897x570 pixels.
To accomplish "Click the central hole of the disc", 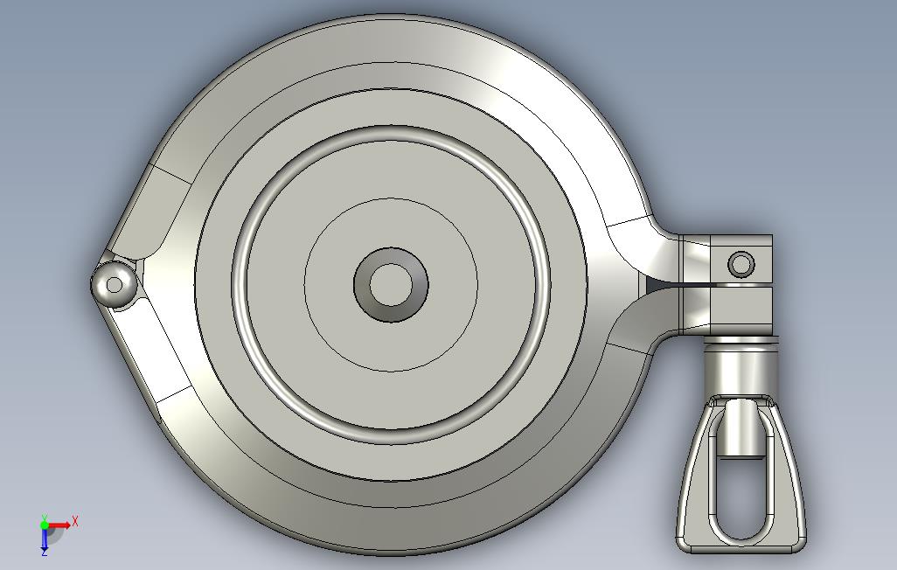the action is (391, 284).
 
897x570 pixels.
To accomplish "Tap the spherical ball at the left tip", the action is (114, 284).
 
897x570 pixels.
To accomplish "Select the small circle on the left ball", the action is (115, 285).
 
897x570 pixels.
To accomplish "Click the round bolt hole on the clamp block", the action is (741, 264).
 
